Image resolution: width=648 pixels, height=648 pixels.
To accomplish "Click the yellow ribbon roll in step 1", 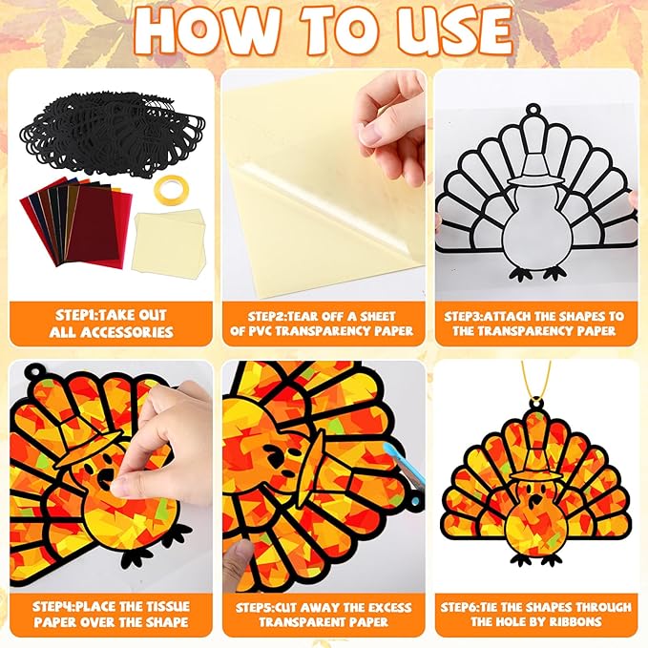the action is point(171,185).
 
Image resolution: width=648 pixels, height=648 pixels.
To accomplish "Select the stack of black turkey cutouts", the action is point(113,135).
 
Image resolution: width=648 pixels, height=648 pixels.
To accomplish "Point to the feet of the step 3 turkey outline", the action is point(536,274).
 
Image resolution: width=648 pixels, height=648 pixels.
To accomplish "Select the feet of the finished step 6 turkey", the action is point(536,559).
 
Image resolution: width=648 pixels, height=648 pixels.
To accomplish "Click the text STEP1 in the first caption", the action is point(76,315).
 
